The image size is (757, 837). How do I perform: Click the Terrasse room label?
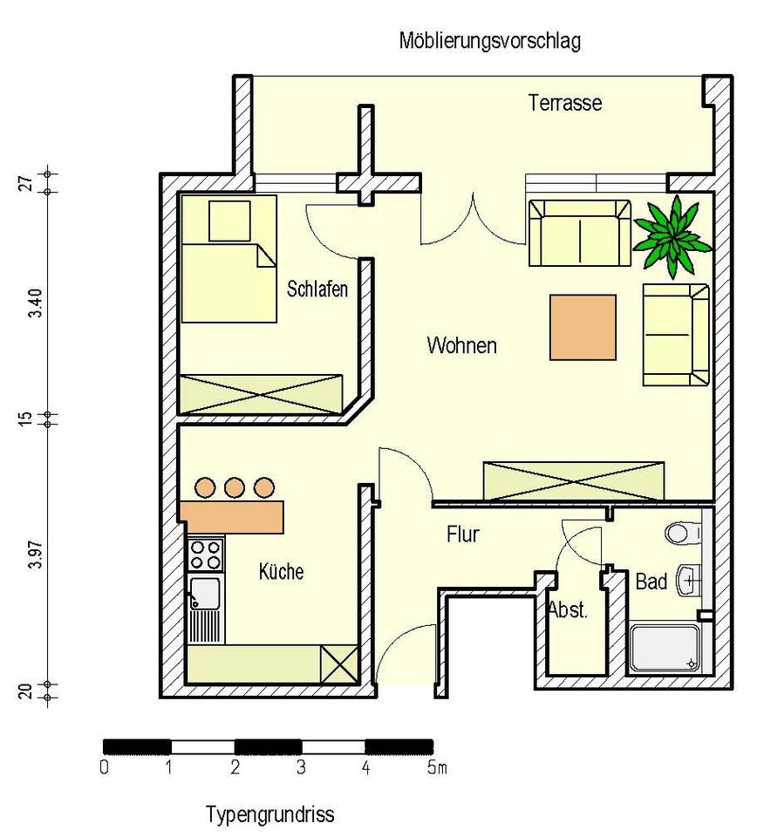point(565,103)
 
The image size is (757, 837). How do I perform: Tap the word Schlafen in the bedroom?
point(317,289)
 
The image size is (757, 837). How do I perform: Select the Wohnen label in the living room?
point(461,345)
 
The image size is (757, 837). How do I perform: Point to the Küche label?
point(282,572)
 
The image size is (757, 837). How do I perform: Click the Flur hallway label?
point(462,534)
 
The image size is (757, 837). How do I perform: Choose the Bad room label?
point(651,581)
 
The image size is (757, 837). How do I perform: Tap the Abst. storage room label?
point(568,609)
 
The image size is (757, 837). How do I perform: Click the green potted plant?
point(672,231)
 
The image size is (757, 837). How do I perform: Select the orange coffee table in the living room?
point(583,327)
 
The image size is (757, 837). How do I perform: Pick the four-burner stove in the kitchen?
point(206,555)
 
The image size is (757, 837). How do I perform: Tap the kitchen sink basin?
point(206,594)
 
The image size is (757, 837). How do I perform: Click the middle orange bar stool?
point(234,487)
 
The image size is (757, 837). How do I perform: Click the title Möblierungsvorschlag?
point(489,40)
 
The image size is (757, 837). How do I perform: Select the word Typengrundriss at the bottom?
point(269,815)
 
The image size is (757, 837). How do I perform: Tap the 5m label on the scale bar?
point(437,769)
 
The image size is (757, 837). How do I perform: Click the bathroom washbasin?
point(691,579)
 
